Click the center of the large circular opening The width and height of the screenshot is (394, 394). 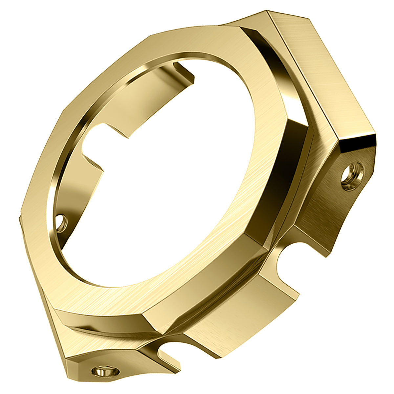tap(164, 171)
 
